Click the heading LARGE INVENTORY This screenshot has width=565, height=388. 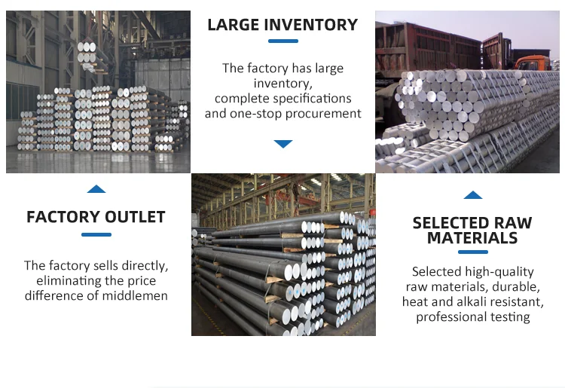(282, 25)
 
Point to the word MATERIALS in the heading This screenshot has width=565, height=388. (472, 238)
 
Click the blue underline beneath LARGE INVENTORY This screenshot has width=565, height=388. (283, 41)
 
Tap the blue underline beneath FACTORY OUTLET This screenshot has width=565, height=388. (96, 234)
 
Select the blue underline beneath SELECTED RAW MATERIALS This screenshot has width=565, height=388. (472, 253)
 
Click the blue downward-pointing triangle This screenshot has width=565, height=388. (283, 143)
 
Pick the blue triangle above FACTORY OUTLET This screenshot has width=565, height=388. (96, 189)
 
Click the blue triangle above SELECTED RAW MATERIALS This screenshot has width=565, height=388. (472, 195)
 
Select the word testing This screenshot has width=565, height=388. (510, 316)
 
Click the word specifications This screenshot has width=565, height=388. (312, 98)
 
